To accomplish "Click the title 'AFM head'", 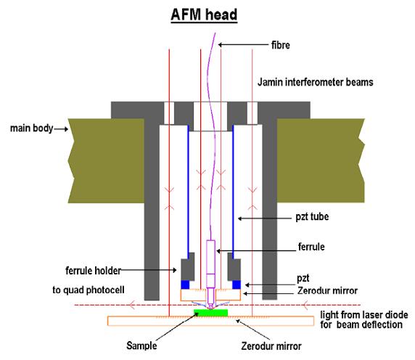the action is (204, 15).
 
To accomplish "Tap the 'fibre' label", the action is (281, 45).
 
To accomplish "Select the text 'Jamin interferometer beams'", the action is (315, 82).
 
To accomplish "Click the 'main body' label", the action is (31, 128).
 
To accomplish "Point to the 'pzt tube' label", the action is (312, 217).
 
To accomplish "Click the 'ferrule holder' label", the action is (93, 271).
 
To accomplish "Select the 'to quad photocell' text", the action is (88, 290).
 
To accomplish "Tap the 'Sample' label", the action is (141, 345).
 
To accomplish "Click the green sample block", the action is (210, 313).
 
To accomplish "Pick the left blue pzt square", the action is (185, 285).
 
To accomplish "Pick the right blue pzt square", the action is (237, 285).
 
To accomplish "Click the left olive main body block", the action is (106, 160).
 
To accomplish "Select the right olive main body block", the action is (321, 160).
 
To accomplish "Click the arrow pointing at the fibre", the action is (243, 45).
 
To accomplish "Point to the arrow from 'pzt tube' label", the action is (264, 218).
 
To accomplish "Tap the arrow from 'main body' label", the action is (61, 129).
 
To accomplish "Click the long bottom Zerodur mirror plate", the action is (210, 321).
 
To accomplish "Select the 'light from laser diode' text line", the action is (364, 315).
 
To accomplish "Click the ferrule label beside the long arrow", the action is (311, 247).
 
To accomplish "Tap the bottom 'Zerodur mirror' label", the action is (271, 346).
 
